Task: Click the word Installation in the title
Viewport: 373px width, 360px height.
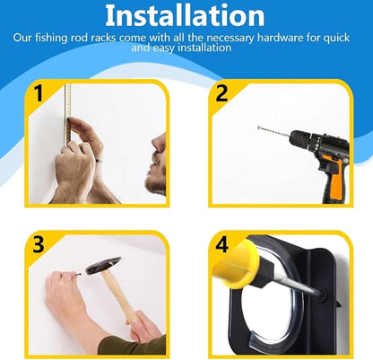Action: [x=185, y=15]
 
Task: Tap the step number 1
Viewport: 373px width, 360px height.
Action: [x=39, y=93]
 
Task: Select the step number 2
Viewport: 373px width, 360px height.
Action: [x=221, y=93]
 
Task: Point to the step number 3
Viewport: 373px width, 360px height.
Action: [x=39, y=244]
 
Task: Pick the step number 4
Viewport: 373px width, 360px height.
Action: [x=221, y=244]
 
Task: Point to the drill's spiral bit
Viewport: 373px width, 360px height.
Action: [x=273, y=132]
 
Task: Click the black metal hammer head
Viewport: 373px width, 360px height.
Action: [x=103, y=266]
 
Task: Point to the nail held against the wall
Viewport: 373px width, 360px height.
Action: [x=78, y=274]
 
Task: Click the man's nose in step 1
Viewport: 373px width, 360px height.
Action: [x=158, y=143]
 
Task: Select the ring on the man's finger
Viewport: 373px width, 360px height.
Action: [x=99, y=161]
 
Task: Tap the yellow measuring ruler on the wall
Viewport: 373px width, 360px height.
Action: [x=68, y=113]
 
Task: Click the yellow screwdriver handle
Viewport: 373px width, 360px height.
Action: [x=236, y=264]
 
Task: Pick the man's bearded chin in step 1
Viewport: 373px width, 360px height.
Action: [x=155, y=183]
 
